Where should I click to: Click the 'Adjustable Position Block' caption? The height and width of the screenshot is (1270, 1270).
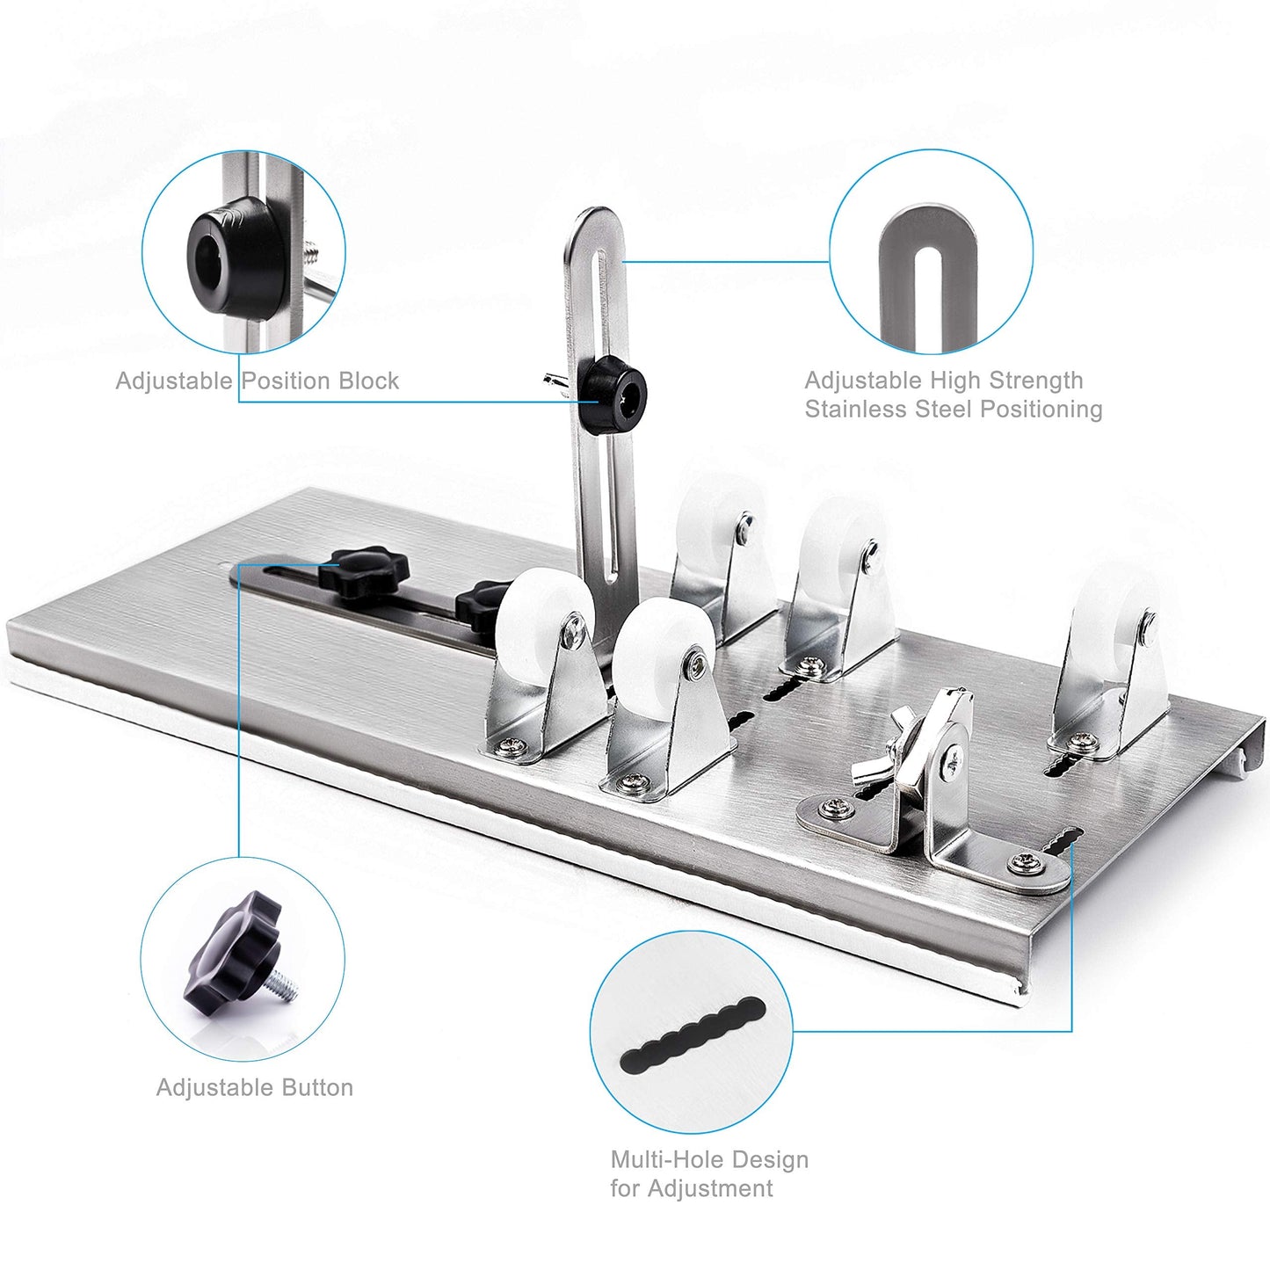(257, 381)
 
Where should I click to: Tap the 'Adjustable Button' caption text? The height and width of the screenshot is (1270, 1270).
(255, 1087)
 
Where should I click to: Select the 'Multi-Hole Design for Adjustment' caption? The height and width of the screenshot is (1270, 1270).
(708, 1173)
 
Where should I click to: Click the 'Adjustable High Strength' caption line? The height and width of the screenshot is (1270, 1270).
(943, 381)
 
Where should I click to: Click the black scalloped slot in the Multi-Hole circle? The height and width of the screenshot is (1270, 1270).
(693, 1037)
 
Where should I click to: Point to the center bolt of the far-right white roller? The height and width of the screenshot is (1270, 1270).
(1149, 623)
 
